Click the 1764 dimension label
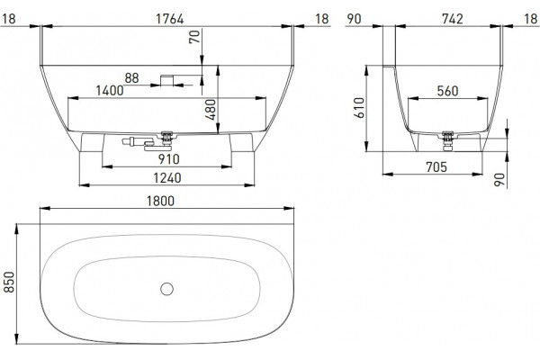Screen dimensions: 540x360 pyautogui.click(x=170, y=19)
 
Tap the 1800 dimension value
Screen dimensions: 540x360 pyautogui.click(x=160, y=201)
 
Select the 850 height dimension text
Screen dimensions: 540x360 pyautogui.click(x=9, y=282)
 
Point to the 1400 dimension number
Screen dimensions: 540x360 pyautogui.click(x=110, y=91)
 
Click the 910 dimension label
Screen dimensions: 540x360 pyautogui.click(x=169, y=159)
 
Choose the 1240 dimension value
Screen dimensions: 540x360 pyautogui.click(x=167, y=178)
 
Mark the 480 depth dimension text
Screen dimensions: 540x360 pyautogui.click(x=211, y=110)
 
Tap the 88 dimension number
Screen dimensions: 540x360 pyautogui.click(x=131, y=78)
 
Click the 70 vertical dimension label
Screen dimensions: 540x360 pyautogui.click(x=194, y=37)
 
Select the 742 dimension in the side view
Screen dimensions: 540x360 pyautogui.click(x=453, y=19)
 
